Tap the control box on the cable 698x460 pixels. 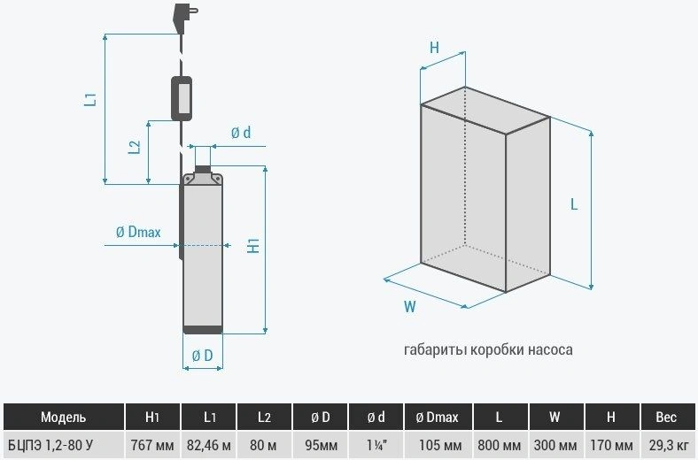tap(182, 97)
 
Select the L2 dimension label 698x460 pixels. tap(135, 147)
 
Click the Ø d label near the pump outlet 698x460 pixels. tap(241, 133)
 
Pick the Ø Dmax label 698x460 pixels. tap(138, 233)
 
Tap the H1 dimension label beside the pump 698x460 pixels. tap(253, 247)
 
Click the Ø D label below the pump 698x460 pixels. tap(202, 356)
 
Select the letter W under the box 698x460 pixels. tap(410, 308)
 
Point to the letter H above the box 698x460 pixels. tap(434, 49)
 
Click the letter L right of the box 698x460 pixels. tap(574, 203)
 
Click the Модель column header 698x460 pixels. tap(63, 417)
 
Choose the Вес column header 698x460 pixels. tap(665, 417)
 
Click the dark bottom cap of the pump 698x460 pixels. tap(203, 331)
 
